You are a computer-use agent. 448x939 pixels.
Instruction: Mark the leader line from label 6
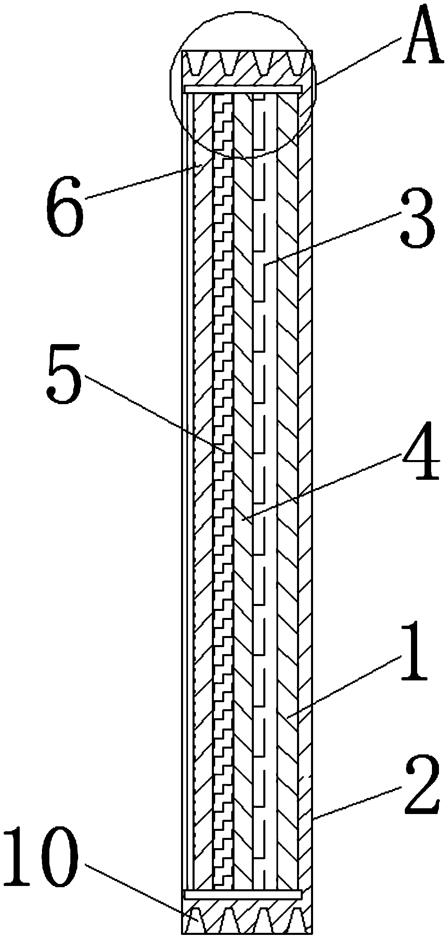(x=144, y=181)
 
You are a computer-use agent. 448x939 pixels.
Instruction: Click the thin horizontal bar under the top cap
(x=244, y=89)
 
